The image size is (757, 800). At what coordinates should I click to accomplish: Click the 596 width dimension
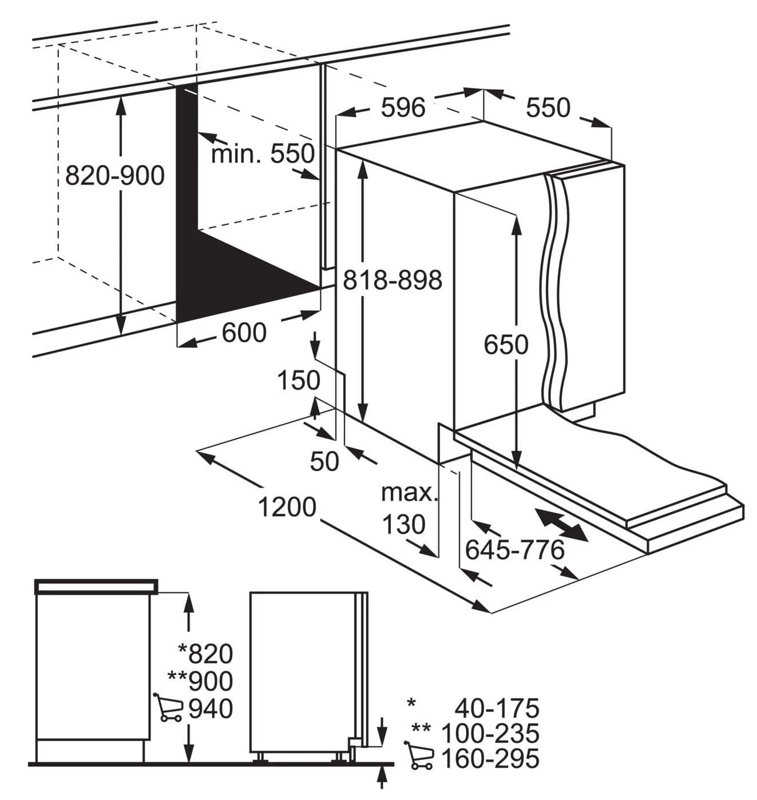click(403, 108)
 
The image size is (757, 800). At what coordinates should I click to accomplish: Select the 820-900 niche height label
click(115, 176)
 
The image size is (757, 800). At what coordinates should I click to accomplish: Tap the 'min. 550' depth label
click(263, 154)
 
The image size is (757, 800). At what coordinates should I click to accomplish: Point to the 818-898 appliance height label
click(393, 280)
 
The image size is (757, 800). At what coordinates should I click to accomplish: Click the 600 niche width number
click(244, 332)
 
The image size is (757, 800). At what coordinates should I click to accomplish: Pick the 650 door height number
click(506, 344)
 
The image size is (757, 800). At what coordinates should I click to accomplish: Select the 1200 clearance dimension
click(287, 507)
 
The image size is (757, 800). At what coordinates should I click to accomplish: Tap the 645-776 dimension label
click(515, 550)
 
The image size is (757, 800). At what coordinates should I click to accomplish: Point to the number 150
click(299, 381)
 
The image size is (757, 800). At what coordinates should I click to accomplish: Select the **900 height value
click(200, 681)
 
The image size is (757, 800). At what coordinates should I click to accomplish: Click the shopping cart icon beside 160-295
click(418, 755)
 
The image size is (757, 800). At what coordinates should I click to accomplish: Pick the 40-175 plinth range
click(497, 708)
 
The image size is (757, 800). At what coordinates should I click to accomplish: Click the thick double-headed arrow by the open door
click(561, 525)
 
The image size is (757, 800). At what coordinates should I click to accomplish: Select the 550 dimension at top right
click(548, 108)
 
